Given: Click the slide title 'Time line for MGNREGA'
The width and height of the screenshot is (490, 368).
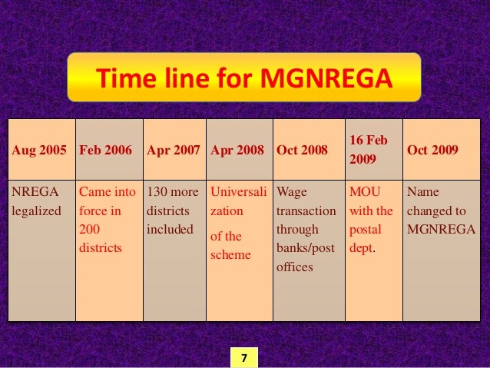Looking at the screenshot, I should click(243, 78).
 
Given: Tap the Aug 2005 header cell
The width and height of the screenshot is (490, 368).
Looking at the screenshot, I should click(41, 151).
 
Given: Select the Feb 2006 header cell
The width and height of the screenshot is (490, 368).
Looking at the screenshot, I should click(109, 151).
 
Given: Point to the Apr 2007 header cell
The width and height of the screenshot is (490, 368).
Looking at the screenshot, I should click(174, 151).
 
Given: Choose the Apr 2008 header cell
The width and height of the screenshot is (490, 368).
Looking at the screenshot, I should click(239, 151).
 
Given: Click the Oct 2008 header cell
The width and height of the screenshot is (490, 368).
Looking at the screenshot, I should click(309, 151).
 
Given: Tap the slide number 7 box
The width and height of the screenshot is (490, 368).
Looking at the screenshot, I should click(243, 358).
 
